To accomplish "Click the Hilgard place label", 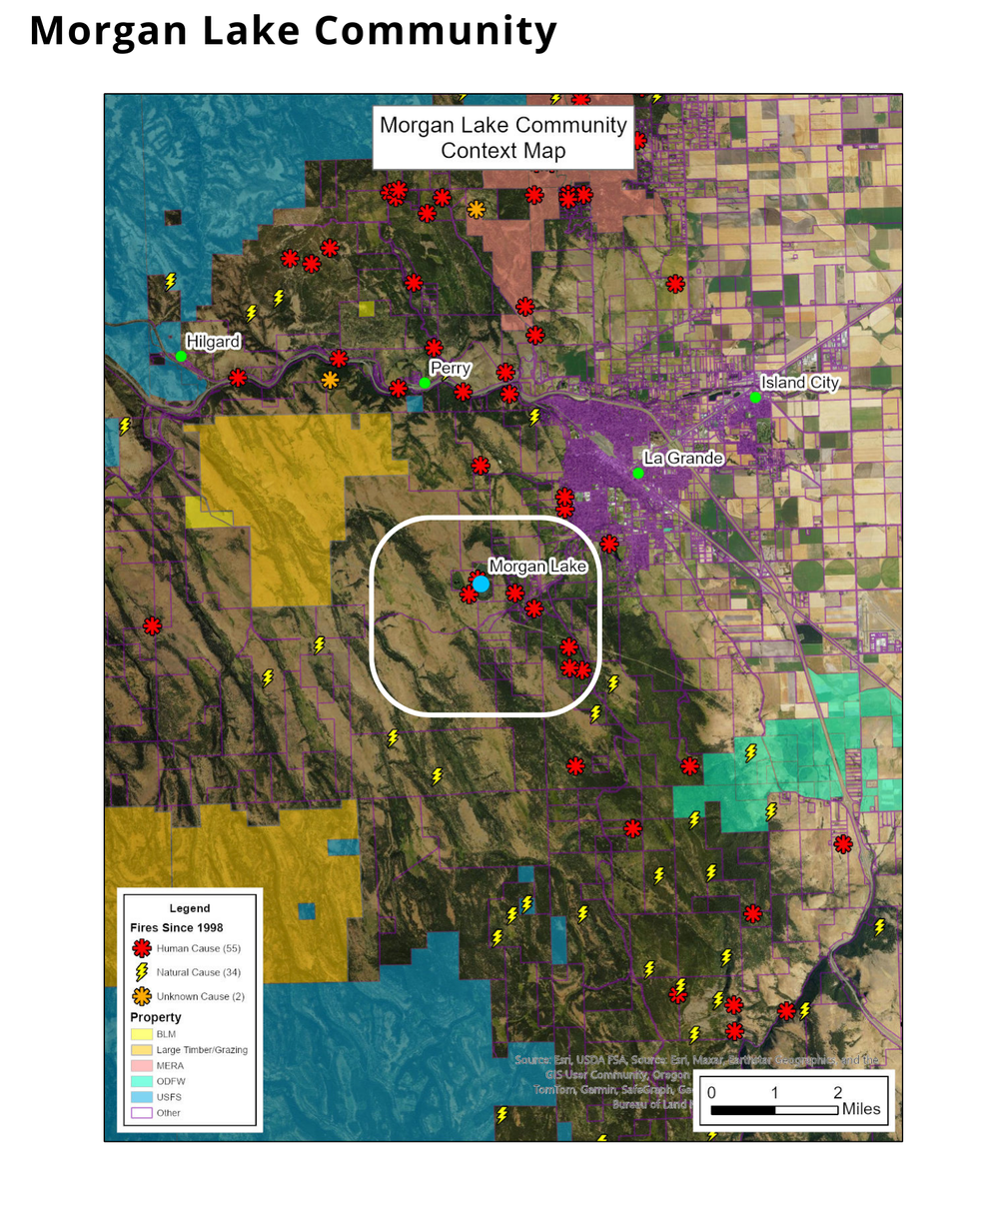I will click(x=213, y=342).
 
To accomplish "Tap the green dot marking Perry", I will click(x=425, y=383).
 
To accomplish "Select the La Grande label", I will click(x=682, y=458).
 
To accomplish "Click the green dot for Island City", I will click(x=756, y=398).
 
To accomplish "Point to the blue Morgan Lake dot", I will click(x=481, y=584).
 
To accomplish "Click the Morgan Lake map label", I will click(x=537, y=567).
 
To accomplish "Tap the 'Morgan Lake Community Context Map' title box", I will click(x=503, y=138).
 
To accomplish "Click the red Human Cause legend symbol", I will click(x=142, y=948).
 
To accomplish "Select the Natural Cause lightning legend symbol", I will click(x=142, y=971).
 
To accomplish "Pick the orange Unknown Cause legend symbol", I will click(x=142, y=996).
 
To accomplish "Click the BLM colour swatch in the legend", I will click(x=141, y=1034).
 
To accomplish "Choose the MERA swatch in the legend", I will click(x=141, y=1066).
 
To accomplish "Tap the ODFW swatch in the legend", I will click(x=141, y=1081).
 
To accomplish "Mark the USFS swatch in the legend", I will click(x=141, y=1097).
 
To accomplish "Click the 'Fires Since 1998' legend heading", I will click(x=177, y=927).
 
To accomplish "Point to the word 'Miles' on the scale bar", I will click(x=861, y=1108).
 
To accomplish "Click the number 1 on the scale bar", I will click(x=775, y=1092).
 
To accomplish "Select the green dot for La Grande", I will click(x=637, y=473).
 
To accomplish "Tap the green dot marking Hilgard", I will click(x=181, y=356).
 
